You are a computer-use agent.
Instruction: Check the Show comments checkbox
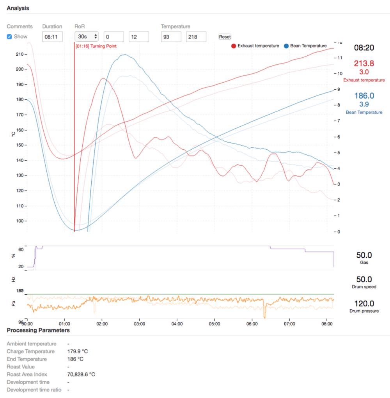9,37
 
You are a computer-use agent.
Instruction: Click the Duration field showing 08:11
52,37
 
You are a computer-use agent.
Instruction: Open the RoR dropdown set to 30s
87,37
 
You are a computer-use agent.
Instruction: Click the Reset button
225,37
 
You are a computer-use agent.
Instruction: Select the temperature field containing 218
196,37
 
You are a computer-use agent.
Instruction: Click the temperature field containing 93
171,37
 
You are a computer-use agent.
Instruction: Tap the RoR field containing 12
138,37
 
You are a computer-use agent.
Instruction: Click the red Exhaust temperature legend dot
234,46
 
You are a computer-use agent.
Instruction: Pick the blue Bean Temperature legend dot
286,46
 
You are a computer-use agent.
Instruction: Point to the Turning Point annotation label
96,46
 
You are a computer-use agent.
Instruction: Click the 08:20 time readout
364,48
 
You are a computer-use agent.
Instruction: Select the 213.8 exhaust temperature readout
363,64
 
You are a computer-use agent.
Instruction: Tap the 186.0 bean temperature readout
363,96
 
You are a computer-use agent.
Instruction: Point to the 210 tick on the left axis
18,54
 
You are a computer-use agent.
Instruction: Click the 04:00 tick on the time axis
177,324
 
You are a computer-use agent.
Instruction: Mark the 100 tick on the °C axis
18,221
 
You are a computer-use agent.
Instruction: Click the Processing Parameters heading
38,330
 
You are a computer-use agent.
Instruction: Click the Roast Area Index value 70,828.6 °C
81,374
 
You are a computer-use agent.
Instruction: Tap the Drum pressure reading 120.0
364,303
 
